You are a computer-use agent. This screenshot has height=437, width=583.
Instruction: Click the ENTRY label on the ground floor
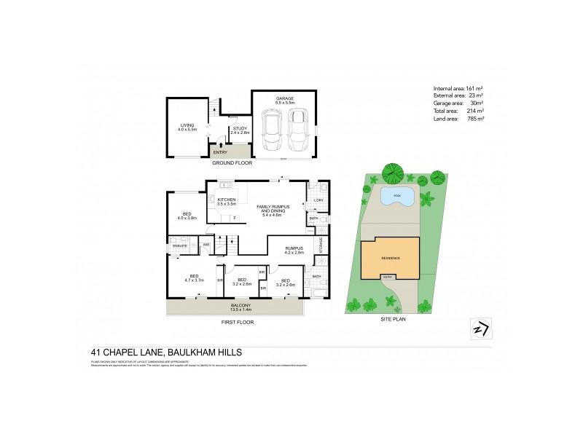tap(220, 151)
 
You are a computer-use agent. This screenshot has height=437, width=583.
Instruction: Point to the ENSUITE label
tap(179, 245)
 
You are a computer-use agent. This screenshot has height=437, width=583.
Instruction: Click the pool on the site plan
tap(396, 197)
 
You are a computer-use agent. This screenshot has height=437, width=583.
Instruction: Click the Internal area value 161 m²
tap(475, 88)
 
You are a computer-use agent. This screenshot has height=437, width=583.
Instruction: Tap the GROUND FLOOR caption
tap(232, 163)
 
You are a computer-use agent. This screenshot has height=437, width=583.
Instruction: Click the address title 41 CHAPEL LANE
tap(176, 352)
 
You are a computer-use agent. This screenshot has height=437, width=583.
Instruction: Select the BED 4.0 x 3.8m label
tap(187, 216)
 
